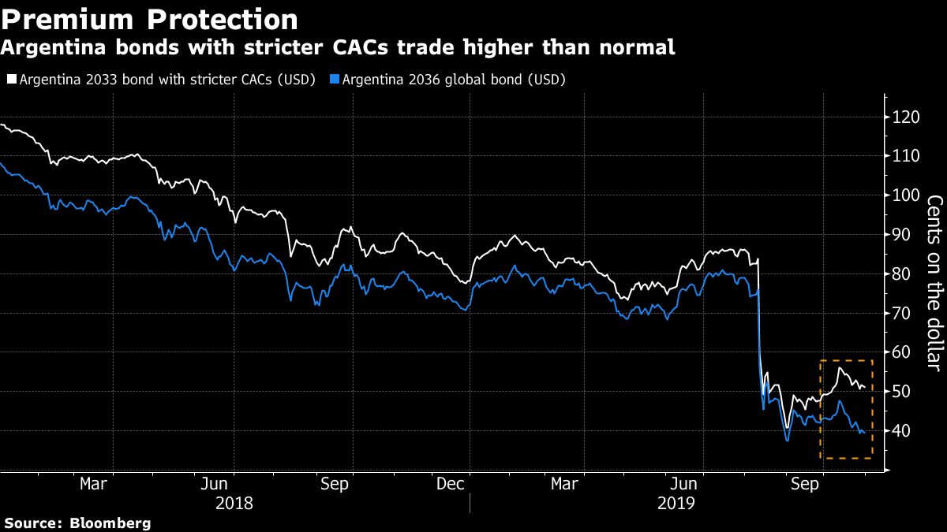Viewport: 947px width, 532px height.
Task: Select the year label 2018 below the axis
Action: (x=234, y=502)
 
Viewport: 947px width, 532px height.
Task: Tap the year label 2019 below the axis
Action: (x=676, y=502)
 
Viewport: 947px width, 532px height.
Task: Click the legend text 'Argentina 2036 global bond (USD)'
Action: (x=454, y=80)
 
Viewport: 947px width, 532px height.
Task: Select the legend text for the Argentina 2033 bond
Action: (x=167, y=80)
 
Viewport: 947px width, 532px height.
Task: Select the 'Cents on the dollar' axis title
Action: (x=934, y=281)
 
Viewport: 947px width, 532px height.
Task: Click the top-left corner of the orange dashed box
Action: (x=821, y=361)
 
